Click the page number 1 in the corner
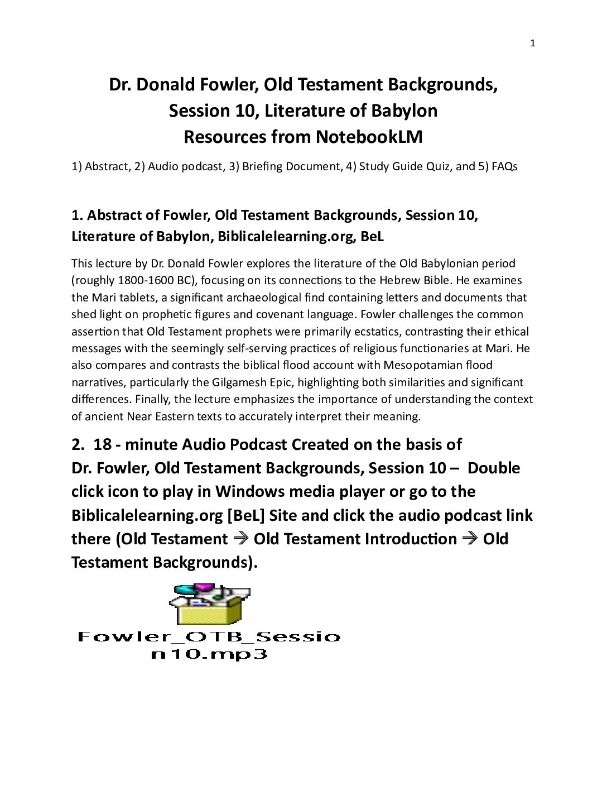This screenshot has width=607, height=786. point(532,44)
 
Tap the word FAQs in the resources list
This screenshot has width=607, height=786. point(504,166)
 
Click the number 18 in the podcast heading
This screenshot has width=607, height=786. point(103,444)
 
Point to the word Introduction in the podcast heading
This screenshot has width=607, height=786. point(411,539)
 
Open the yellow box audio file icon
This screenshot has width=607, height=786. point(209,605)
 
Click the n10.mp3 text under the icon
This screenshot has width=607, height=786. point(209,654)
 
